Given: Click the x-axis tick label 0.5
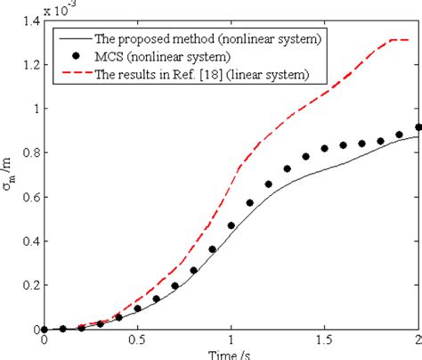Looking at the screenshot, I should click(x=137, y=341).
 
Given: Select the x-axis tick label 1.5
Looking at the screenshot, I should click(x=324, y=341).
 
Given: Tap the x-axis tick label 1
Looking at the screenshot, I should click(x=231, y=341).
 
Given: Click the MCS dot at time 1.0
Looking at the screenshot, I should click(x=231, y=225).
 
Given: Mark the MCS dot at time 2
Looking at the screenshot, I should click(x=418, y=127).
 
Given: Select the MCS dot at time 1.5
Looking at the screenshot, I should click(x=324, y=148).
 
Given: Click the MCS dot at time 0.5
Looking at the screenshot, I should click(x=137, y=308).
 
